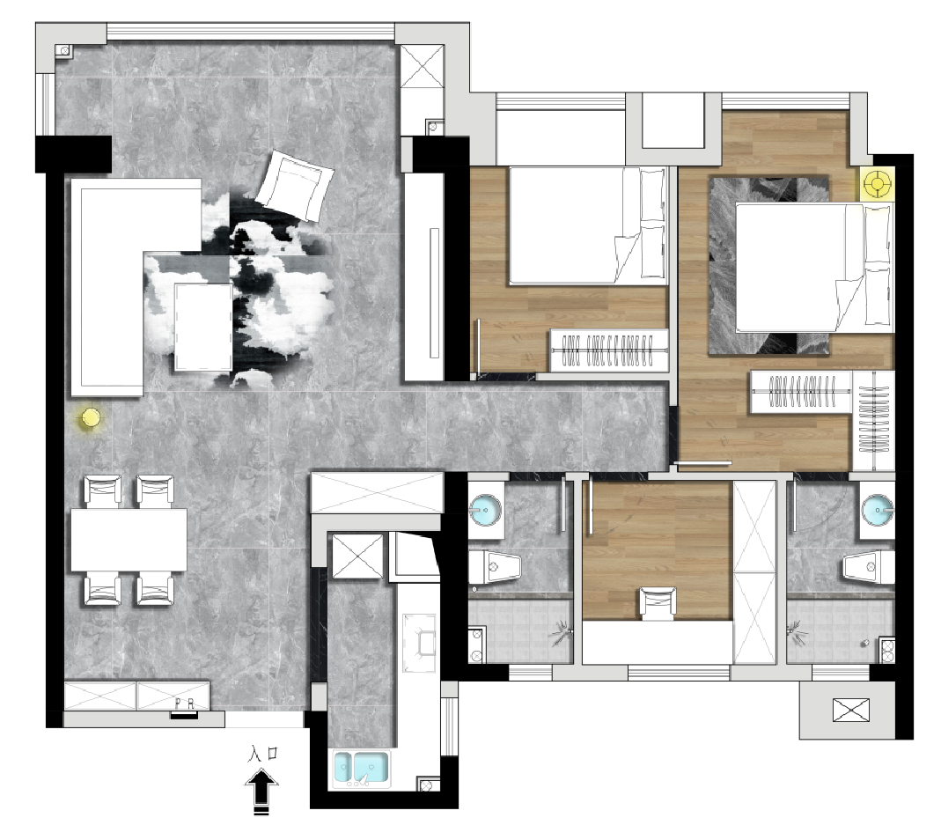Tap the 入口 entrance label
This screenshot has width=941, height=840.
coord(263,754)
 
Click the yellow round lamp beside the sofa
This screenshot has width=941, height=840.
coord(91,417)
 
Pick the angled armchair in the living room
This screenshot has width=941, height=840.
coord(295,185)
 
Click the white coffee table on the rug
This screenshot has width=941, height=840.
coord(202,328)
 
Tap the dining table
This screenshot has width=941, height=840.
coord(129,540)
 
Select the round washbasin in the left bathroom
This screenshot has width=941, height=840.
coord(485,510)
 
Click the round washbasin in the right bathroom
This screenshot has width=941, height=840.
coord(877,510)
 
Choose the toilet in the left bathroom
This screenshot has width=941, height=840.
coord(495,567)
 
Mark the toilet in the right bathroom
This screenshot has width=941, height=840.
coord(869,567)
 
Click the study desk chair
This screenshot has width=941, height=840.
coord(658,603)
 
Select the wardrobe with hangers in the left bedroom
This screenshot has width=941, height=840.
coord(609,350)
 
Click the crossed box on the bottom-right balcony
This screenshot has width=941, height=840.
coord(851,710)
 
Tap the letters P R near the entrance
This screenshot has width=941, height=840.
coord(185,704)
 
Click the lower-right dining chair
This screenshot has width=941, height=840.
coord(156,589)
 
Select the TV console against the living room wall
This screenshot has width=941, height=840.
coord(424,277)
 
